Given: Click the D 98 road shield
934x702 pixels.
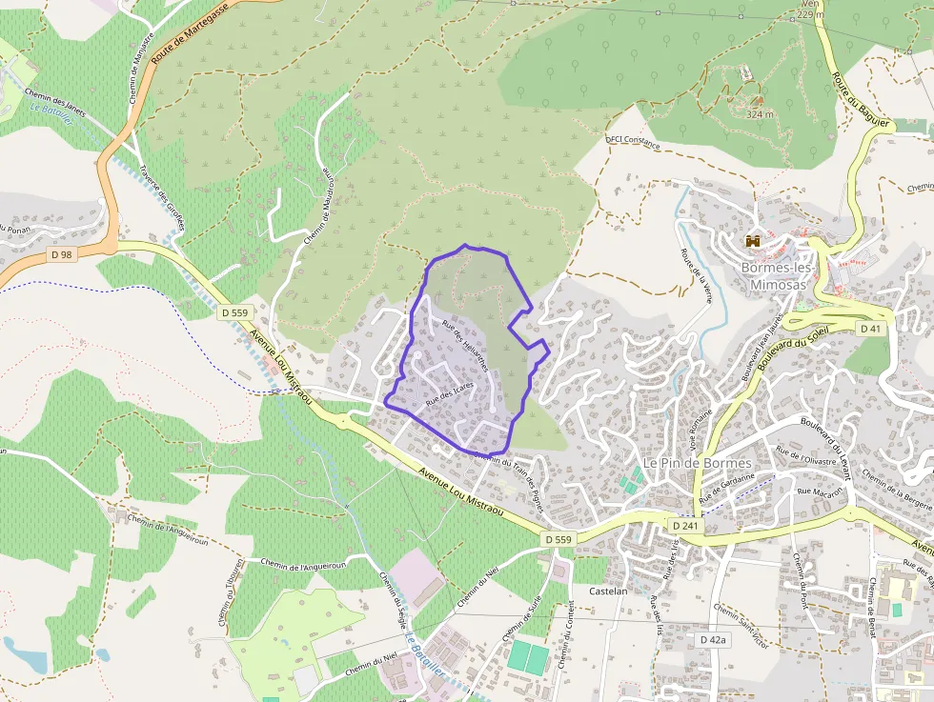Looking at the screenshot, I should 62,254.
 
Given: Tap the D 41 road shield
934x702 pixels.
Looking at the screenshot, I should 869,329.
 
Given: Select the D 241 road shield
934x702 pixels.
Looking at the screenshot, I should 684,526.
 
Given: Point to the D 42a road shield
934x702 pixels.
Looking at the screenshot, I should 712,640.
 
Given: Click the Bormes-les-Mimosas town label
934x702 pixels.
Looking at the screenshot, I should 773,276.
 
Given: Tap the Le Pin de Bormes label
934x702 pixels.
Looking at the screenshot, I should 697,463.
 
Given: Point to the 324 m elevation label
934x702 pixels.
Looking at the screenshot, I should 760,114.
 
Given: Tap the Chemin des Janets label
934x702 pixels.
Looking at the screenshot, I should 56,102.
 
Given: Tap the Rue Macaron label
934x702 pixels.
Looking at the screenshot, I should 812,494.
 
